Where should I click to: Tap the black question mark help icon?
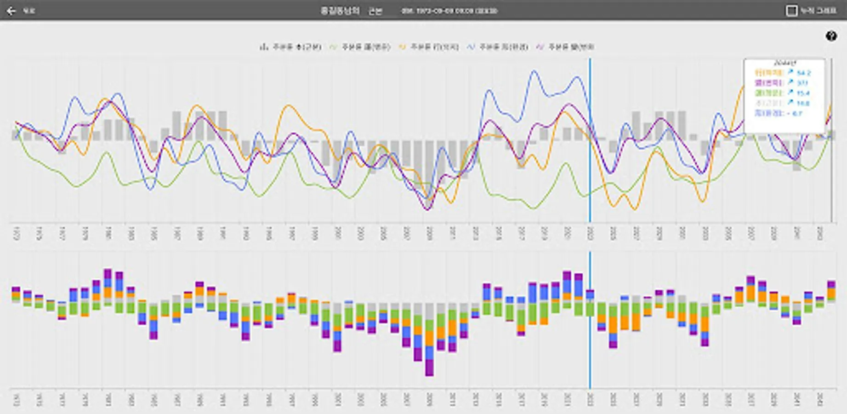[x=831, y=36]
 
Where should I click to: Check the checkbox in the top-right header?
[x=791, y=11]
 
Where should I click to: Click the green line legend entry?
[x=361, y=47]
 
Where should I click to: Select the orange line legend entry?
[x=429, y=47]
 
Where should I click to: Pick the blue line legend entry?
[x=498, y=47]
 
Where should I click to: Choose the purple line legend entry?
[x=566, y=47]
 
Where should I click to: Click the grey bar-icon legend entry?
[x=291, y=47]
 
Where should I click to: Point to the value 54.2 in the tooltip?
[x=804, y=73]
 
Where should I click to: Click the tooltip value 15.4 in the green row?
[x=803, y=93]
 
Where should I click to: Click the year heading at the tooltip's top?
[x=785, y=63]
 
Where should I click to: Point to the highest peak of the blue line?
[x=534, y=71]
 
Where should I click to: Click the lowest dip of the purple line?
[x=428, y=210]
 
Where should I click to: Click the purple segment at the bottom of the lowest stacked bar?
[x=429, y=368]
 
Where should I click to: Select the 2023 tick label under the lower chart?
[x=590, y=399]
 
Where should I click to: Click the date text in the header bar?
[x=449, y=11]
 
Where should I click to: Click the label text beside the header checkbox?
[x=819, y=11]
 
